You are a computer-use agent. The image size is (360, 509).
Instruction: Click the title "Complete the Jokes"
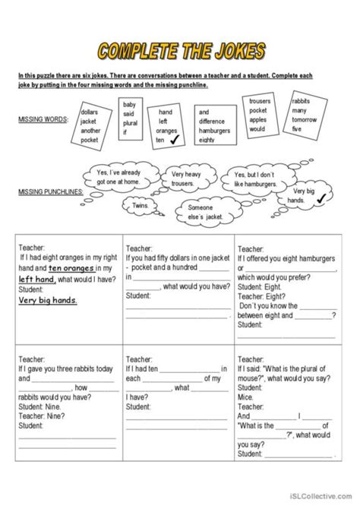pos(181,51)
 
